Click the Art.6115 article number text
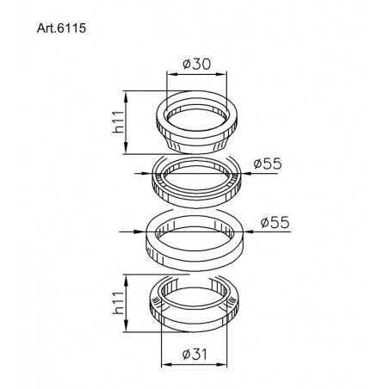pyautogui.click(x=61, y=27)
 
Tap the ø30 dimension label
pyautogui.click(x=197, y=63)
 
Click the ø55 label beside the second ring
pyautogui.click(x=268, y=164)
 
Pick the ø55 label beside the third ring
pyautogui.click(x=275, y=222)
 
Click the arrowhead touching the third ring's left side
pyautogui.click(x=140, y=231)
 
